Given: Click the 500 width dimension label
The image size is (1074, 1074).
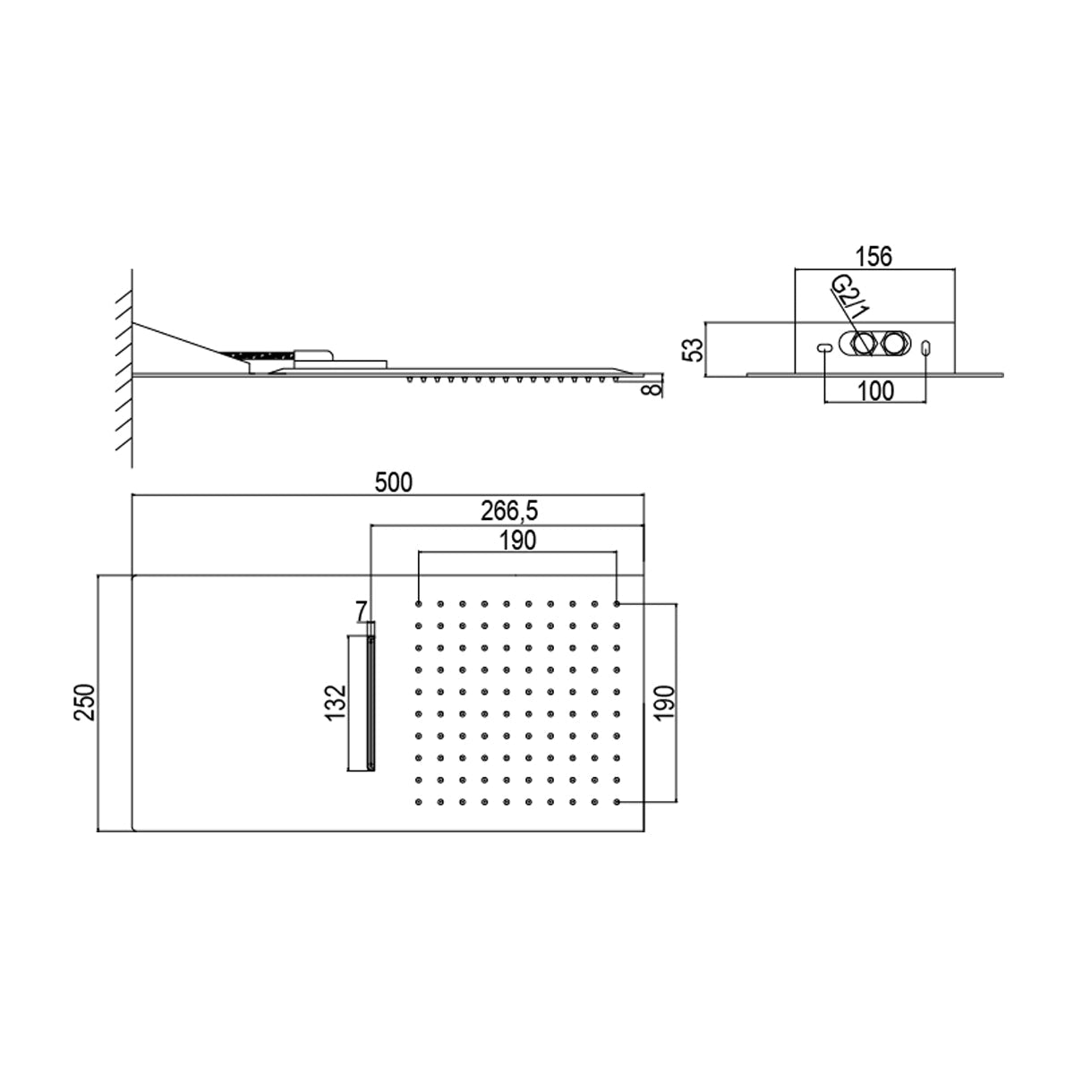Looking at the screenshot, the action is point(394,482).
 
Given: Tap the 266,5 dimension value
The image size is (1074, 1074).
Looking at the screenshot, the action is point(509,511).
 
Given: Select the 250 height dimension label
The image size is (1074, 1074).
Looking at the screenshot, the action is point(85,703).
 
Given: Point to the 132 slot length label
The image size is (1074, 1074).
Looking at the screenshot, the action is point(337,703).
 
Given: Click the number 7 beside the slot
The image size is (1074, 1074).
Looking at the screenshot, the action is point(362,611).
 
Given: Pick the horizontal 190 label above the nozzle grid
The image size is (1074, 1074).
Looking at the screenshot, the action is point(518,540).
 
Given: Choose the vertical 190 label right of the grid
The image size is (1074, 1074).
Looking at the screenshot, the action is point(664,703).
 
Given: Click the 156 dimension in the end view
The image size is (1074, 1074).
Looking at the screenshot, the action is point(874,257).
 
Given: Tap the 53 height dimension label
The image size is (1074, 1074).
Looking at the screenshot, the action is point(694,350).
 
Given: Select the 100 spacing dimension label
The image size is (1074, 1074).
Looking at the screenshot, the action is point(875,391).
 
